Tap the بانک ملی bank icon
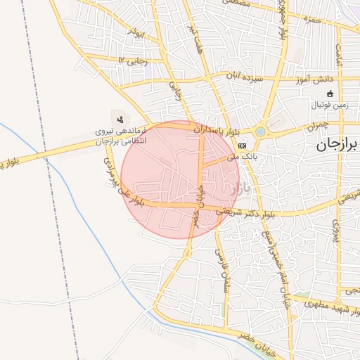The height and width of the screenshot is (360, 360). click(243, 146)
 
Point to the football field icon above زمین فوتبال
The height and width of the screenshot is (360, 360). click(330, 94)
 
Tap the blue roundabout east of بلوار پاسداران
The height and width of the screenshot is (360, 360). click(261, 131)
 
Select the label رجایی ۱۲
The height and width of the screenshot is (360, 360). click(134, 61)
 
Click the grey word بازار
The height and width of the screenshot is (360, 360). click(240, 188)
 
